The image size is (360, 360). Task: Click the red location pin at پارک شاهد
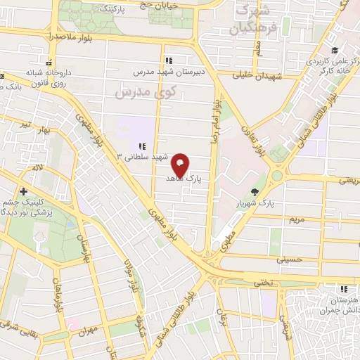click(181, 165)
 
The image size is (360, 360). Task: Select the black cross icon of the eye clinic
click(24, 191)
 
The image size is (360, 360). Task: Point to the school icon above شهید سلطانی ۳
click(142, 146)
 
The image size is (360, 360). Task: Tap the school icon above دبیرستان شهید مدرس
click(167, 60)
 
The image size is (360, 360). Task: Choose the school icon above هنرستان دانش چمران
click(343, 288)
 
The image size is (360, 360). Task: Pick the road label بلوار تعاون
click(260, 139)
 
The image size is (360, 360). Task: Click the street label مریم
click(297, 219)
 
